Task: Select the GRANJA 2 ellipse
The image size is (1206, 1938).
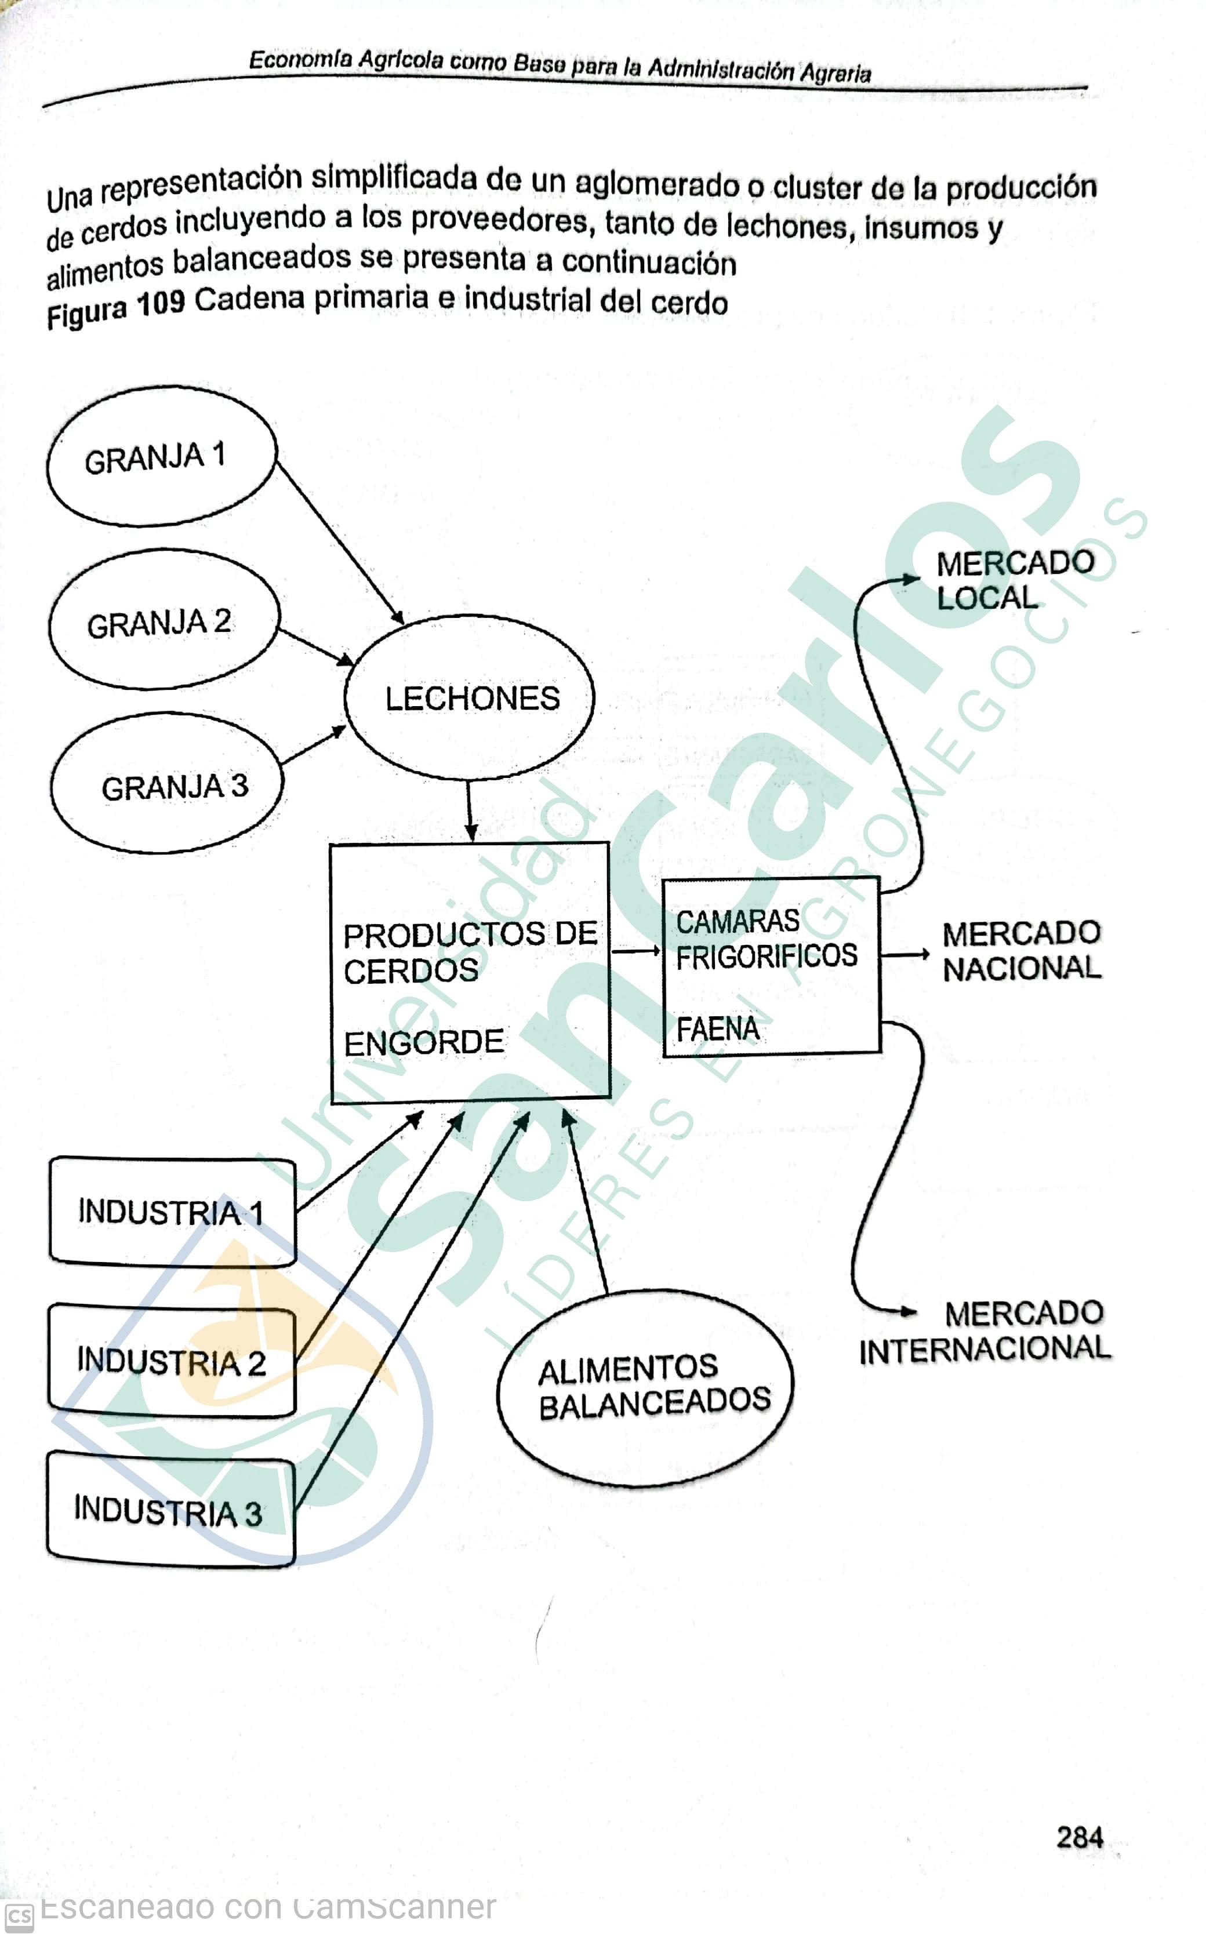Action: (164, 620)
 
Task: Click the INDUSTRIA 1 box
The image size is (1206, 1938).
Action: (172, 1212)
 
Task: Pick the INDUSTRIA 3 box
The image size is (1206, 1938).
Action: (170, 1512)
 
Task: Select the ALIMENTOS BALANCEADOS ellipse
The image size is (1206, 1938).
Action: (646, 1388)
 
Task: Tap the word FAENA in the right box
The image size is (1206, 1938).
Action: (718, 1029)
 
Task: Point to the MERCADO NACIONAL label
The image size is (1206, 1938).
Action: (1021, 951)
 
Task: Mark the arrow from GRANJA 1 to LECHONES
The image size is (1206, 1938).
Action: (339, 542)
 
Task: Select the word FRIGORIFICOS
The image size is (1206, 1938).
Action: (767, 955)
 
